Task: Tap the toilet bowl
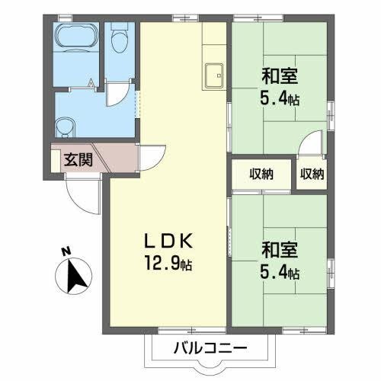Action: tap(117, 40)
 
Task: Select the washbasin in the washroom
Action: tap(66, 125)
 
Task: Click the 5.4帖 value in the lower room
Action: tap(281, 272)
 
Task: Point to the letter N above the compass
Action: tap(66, 251)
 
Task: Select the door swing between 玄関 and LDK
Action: tap(152, 155)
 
